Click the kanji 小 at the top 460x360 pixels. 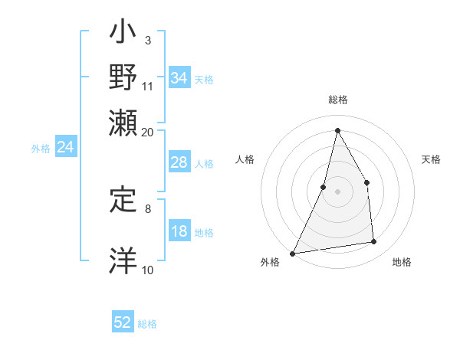[123, 34]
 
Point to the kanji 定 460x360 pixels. [123, 200]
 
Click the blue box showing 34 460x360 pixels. [179, 78]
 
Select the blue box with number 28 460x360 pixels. [179, 162]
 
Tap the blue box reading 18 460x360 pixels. [179, 232]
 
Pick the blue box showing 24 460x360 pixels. [65, 148]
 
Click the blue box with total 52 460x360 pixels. [123, 322]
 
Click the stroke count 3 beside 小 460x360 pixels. [147, 40]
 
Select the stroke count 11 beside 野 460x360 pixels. [147, 86]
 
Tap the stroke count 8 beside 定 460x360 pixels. [147, 208]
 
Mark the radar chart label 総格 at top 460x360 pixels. [337, 100]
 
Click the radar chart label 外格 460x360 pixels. [270, 263]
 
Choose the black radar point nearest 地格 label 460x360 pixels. [374, 242]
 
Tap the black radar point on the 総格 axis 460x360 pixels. [337, 130]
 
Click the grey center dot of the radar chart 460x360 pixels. [337, 191]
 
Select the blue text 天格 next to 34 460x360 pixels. [204, 79]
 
